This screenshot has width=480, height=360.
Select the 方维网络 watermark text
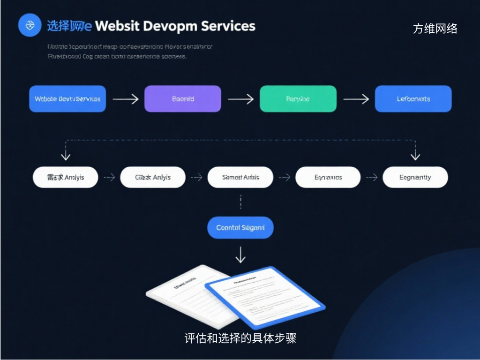435,29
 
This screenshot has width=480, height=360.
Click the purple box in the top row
182,99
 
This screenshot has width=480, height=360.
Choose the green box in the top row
298,99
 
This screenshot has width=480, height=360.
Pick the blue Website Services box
67,99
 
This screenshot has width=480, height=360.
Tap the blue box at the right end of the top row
413,99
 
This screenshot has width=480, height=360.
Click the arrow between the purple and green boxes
240,99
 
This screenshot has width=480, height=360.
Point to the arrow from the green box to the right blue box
356,99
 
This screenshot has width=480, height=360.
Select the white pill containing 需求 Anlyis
66,178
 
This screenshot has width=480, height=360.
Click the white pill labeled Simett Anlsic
240,178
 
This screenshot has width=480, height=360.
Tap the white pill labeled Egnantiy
415,178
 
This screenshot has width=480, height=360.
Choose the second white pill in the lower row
153,178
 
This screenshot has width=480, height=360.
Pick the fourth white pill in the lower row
328,178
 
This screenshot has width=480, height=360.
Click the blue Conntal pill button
240,228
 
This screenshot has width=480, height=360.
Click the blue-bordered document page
265,297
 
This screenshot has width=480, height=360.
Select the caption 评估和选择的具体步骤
240,338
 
